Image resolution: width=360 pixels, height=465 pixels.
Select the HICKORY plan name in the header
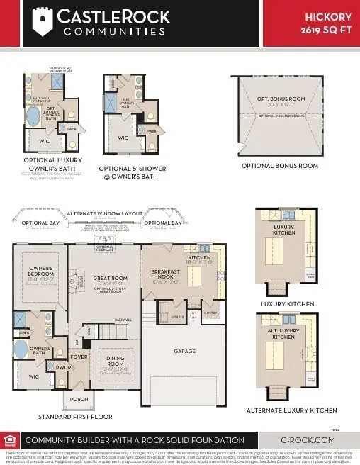point(328,16)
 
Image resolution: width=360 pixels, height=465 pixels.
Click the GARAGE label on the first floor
point(184,351)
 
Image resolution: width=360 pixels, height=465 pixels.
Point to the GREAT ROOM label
point(104,278)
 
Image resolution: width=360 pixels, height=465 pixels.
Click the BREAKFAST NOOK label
point(166,275)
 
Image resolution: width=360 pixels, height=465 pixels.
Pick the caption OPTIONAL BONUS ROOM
point(279,166)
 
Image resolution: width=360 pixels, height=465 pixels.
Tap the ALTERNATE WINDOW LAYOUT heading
point(103,213)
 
